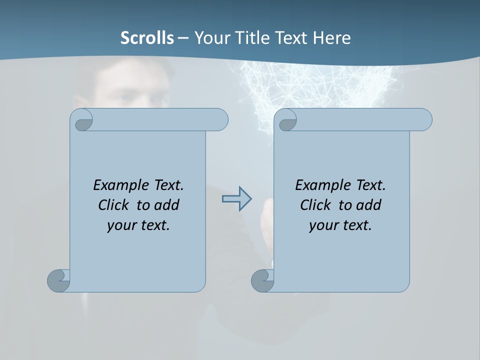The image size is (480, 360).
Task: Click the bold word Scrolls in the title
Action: coord(147,38)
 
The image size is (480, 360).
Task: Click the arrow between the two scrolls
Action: coord(236,199)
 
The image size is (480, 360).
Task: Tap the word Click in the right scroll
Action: coord(315,205)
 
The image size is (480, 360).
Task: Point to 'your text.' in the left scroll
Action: coord(138,225)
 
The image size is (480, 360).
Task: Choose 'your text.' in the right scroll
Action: coord(340,225)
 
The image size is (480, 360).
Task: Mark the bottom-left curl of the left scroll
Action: coord(59,280)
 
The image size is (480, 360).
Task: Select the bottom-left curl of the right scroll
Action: coord(262,280)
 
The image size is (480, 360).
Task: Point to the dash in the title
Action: coord(183,38)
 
